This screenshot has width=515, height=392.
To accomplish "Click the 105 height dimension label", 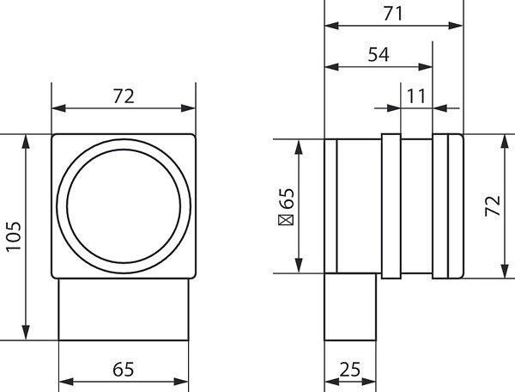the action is (x=14, y=236).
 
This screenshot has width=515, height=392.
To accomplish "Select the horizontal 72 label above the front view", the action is (x=124, y=96).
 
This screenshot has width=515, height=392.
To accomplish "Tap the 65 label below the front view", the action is (x=123, y=370).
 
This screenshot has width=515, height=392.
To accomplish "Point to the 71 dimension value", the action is (x=393, y=14).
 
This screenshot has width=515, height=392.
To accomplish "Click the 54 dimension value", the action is (x=379, y=55).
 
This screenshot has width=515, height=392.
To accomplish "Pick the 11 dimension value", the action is (x=416, y=96).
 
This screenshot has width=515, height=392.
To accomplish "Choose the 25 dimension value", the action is (x=350, y=370).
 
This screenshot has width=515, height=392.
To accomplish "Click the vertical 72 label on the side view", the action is (x=493, y=205).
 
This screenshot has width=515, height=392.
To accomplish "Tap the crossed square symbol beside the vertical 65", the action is (x=286, y=220).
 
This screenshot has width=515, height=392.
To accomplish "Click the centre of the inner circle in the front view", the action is (x=124, y=206).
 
